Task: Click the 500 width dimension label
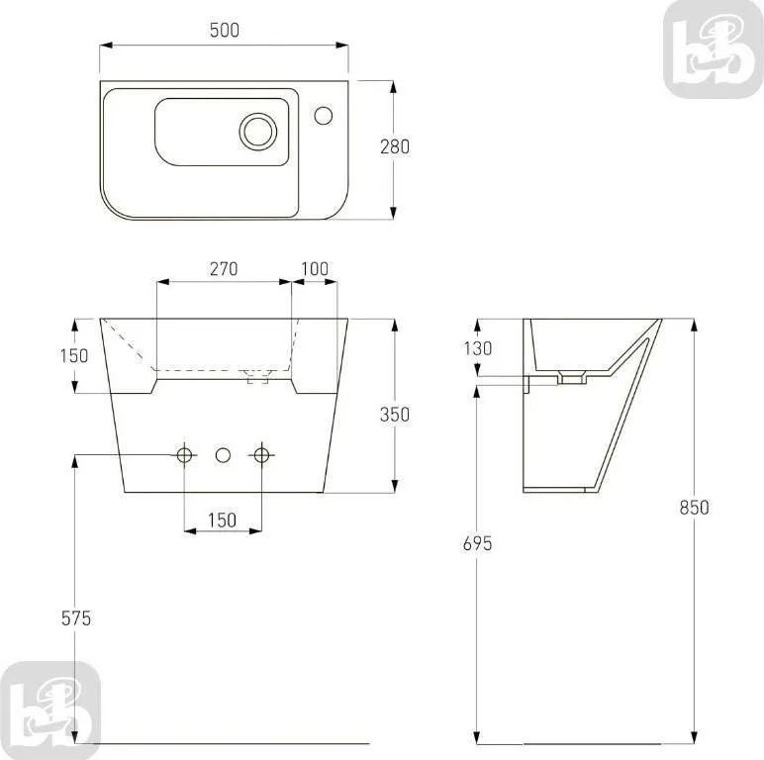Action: [224, 31]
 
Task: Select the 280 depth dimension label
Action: [395, 146]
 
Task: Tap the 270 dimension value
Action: [224, 268]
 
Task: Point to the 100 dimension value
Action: [315, 268]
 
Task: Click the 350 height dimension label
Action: [395, 415]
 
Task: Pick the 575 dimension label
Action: [76, 618]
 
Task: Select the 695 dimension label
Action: [477, 543]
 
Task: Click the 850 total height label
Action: [695, 508]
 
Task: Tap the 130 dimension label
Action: [477, 348]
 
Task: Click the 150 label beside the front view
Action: [74, 355]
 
